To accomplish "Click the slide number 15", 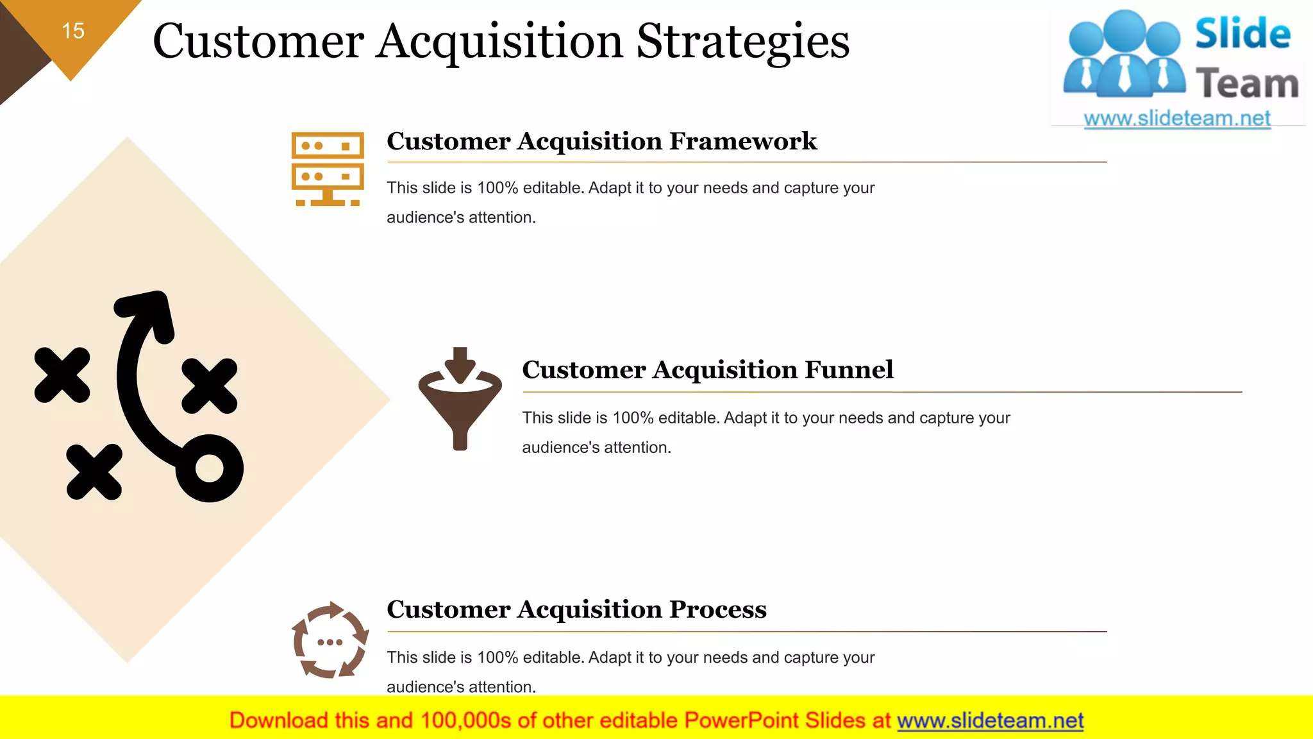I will click(x=73, y=31).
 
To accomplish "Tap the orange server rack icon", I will click(x=328, y=169).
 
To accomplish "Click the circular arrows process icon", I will click(x=330, y=640).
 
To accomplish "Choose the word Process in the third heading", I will click(x=717, y=609).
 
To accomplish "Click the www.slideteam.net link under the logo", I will click(x=1176, y=118).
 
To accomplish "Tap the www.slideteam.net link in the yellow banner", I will click(x=990, y=720).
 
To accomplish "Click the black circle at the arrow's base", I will click(x=210, y=468).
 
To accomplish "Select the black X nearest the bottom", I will click(x=94, y=471).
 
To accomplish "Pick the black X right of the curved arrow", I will click(x=210, y=386).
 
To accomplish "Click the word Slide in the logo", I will click(x=1242, y=34).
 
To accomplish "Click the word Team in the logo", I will click(x=1246, y=84).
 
